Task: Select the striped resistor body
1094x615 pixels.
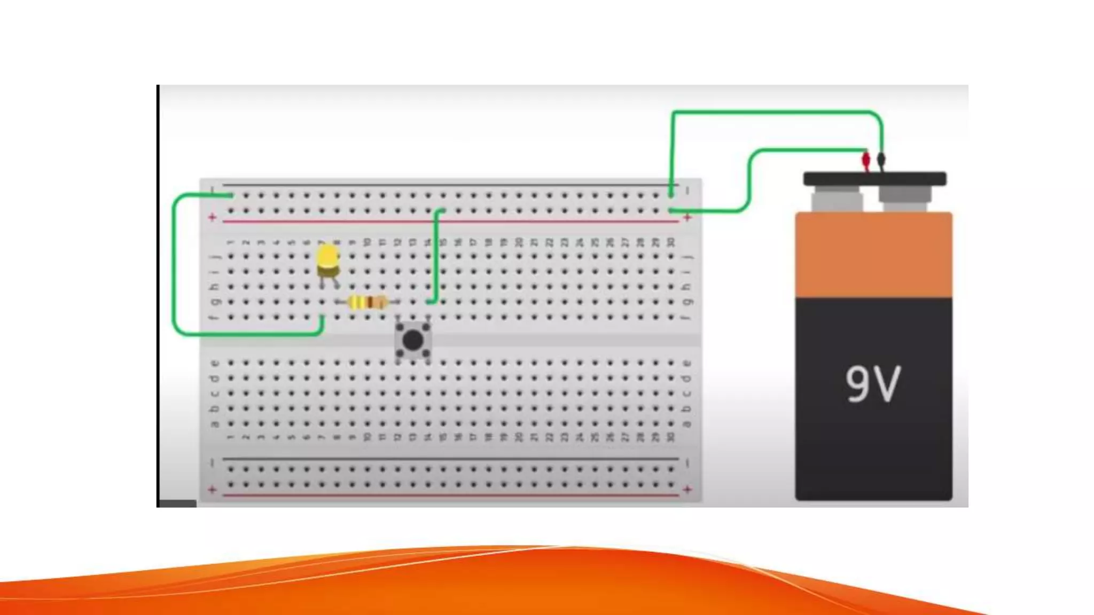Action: click(368, 303)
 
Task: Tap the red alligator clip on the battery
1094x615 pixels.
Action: click(866, 160)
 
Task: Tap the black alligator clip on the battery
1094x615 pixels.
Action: click(881, 159)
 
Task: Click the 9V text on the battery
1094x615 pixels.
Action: click(873, 383)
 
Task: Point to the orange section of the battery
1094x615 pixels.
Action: click(873, 255)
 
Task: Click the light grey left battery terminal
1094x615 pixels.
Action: click(836, 200)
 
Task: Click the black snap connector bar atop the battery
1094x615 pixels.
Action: click(874, 178)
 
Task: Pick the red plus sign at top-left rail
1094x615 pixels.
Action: click(213, 217)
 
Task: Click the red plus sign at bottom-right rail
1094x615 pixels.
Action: click(687, 489)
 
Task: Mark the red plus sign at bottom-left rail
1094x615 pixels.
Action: click(213, 489)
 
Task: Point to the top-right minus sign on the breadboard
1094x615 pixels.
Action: click(688, 191)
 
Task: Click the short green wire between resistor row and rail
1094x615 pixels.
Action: click(436, 256)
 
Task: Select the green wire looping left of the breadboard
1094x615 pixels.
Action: click(174, 267)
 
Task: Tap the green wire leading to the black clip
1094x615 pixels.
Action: click(775, 112)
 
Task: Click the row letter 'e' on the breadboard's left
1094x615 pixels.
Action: click(215, 364)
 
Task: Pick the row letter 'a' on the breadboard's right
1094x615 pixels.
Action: click(687, 424)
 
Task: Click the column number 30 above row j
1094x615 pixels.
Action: click(671, 243)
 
